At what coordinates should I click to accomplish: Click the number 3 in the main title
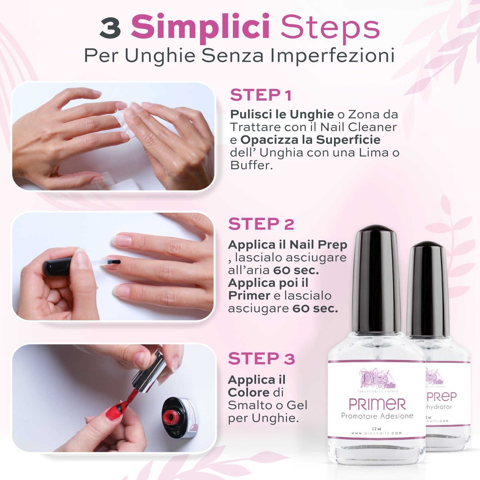pos(110,28)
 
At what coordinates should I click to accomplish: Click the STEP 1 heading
pos(261,95)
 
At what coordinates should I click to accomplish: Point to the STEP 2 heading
pos(261,224)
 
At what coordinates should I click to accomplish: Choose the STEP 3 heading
pos(261,359)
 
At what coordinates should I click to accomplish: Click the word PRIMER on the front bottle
pos(377,405)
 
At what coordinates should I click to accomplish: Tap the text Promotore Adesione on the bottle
pos(377,416)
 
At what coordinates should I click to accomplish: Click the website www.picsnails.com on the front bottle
pos(376,433)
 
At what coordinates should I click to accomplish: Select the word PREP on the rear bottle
pos(441,397)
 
